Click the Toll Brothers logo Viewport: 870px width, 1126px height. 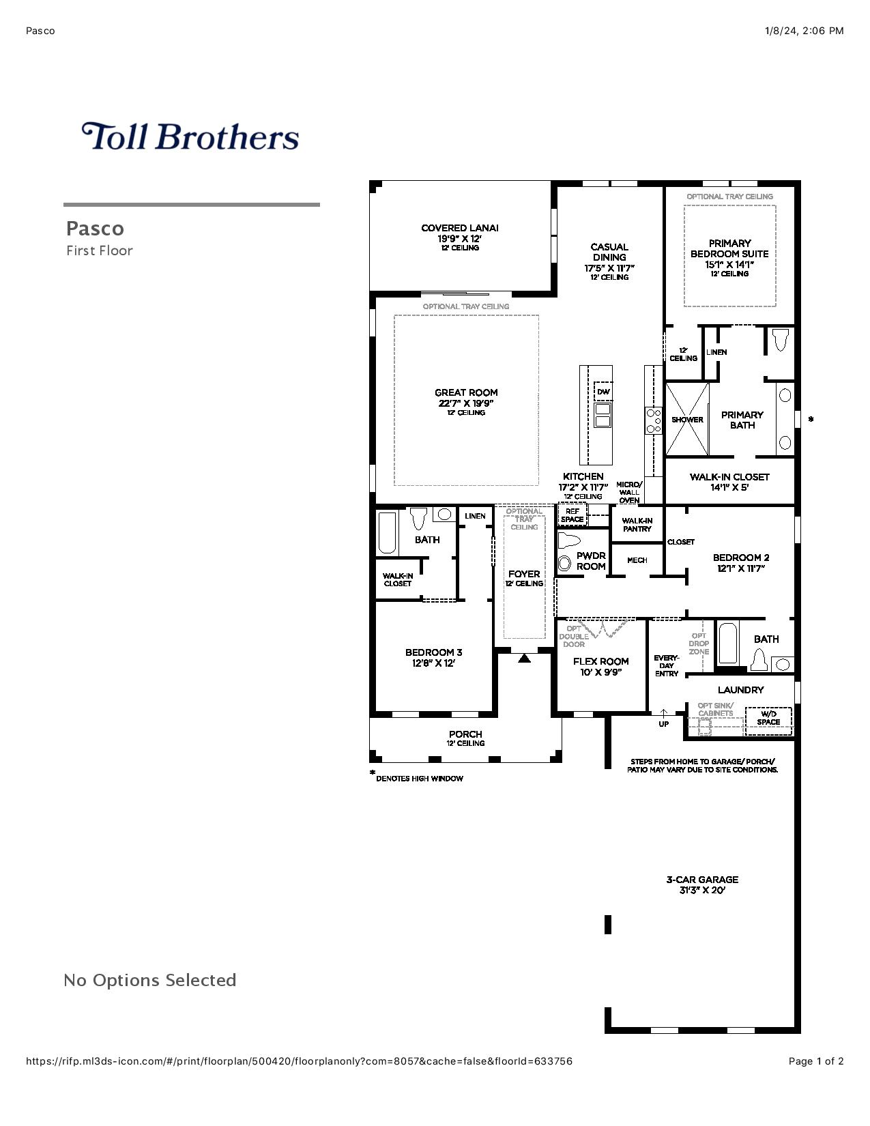click(x=190, y=136)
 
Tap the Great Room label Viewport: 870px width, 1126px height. click(x=466, y=393)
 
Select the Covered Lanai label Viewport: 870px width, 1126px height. click(x=459, y=228)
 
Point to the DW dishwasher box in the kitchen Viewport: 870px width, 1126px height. click(x=603, y=392)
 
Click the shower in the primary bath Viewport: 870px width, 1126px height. click(x=687, y=419)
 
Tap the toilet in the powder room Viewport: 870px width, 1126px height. click(x=567, y=542)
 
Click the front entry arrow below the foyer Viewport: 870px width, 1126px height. click(x=524, y=659)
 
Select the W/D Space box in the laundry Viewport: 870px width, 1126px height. click(x=768, y=719)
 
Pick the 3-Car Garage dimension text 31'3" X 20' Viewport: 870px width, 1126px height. click(x=702, y=890)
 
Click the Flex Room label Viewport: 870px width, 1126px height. click(x=600, y=661)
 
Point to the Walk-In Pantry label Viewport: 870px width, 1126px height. click(x=637, y=525)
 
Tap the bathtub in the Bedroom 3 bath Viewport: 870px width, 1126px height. click(x=387, y=533)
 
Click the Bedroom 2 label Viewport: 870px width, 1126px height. click(x=740, y=558)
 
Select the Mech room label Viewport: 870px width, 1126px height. click(x=637, y=560)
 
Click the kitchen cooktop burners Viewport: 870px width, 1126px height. click(x=654, y=420)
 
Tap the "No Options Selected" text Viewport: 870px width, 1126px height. click(x=150, y=981)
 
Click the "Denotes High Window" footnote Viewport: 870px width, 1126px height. click(x=419, y=779)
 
